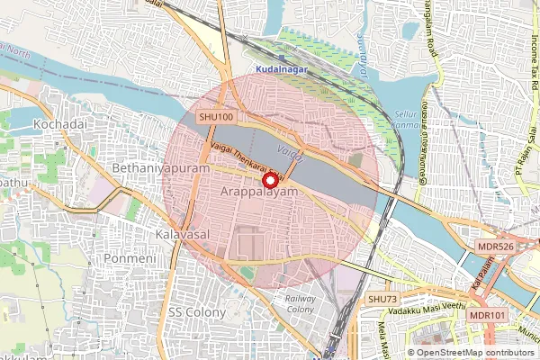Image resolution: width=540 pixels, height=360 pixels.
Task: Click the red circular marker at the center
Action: [x=269, y=180]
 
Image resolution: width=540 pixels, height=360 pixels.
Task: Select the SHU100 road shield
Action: [x=216, y=117]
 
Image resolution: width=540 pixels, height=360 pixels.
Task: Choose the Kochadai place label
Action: [x=58, y=122]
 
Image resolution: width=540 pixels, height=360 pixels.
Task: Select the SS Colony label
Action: [x=195, y=310]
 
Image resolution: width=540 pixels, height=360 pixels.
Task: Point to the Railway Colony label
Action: [x=300, y=303]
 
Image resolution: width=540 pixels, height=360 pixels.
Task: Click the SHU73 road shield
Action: [x=382, y=299]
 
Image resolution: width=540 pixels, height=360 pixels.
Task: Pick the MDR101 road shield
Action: [x=487, y=316]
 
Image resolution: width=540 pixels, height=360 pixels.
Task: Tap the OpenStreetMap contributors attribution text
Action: [x=474, y=353]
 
